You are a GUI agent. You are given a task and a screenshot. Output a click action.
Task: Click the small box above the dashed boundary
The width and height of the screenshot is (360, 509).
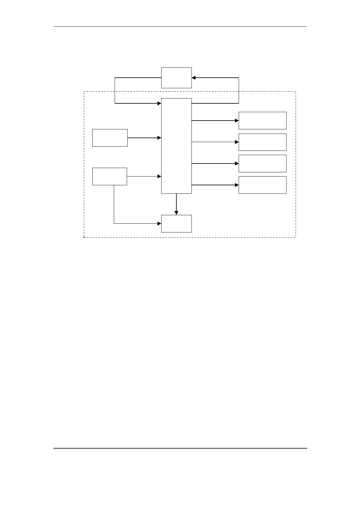point(176,78)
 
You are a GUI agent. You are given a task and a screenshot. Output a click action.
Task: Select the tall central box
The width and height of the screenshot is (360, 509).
point(176,146)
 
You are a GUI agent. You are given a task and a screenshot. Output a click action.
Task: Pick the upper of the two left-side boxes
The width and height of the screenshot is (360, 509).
point(110,138)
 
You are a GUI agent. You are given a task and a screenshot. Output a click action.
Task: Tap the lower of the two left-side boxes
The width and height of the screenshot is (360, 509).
point(110,176)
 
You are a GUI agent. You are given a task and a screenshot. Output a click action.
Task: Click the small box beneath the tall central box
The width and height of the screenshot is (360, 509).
point(176,224)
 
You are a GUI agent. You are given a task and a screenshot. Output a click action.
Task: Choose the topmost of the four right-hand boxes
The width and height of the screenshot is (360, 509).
point(262,121)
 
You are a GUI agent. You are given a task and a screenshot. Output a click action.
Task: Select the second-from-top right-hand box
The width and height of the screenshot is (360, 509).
point(262,142)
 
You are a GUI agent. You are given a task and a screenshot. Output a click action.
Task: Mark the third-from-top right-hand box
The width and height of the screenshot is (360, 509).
point(262,164)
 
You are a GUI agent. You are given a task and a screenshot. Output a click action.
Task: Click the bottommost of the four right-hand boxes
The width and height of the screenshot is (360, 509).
point(262,185)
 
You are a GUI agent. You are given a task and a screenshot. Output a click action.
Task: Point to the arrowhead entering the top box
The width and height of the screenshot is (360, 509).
point(194,78)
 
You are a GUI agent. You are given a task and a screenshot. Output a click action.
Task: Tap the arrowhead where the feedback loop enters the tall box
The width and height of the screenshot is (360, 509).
point(159,103)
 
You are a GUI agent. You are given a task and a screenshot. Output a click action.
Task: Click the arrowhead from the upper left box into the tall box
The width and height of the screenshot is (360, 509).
point(159,138)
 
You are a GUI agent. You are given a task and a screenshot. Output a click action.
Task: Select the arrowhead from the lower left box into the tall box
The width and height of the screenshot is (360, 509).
point(159,176)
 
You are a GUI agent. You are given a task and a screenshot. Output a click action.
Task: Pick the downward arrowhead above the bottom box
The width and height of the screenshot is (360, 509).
point(176,213)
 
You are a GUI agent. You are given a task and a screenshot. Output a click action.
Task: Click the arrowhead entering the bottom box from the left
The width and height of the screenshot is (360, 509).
point(159,224)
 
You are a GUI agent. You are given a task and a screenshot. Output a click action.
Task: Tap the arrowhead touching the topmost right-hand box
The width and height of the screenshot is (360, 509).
point(237,121)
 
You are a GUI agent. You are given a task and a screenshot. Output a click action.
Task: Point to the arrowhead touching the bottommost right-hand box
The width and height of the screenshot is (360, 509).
point(237,185)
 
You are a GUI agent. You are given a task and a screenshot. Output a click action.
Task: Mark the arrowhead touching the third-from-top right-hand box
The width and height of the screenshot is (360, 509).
point(237,164)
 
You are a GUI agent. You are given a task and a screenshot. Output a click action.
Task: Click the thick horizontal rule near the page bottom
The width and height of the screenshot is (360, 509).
point(180,448)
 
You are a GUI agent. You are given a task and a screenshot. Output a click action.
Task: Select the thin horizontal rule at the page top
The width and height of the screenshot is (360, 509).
point(180,27)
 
